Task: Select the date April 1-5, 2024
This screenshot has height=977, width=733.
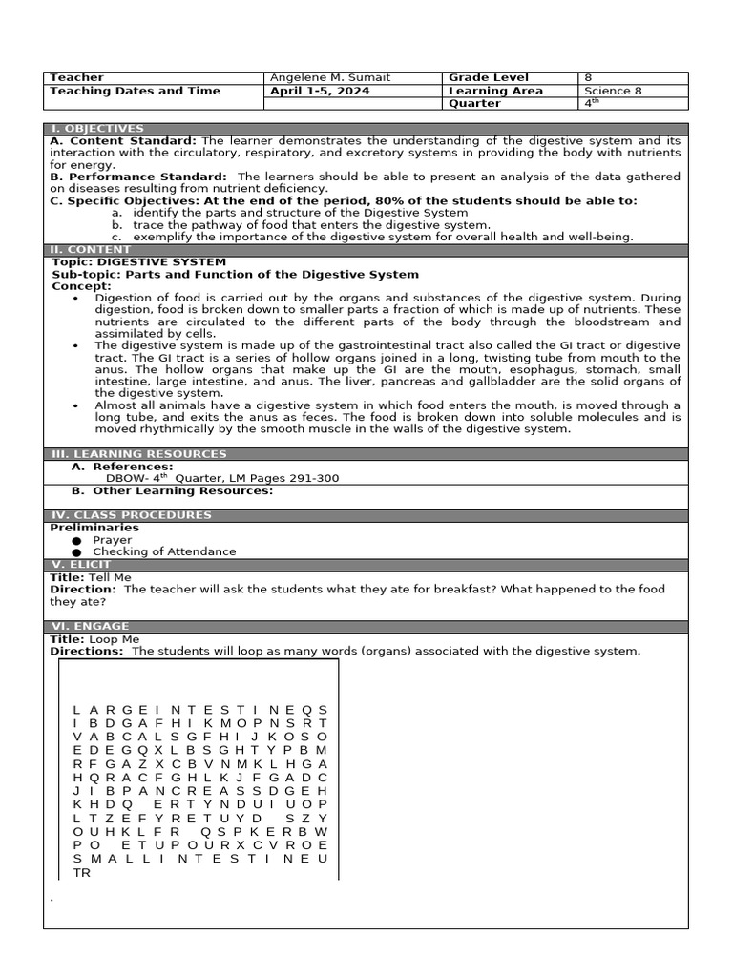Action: point(321,92)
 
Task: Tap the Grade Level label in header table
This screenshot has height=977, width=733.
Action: point(488,78)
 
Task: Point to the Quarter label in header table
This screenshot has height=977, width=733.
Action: point(474,104)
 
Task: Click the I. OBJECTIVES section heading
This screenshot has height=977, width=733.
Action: point(97,129)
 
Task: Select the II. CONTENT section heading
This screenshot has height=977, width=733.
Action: point(91,250)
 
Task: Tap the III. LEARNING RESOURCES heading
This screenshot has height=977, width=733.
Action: point(138,454)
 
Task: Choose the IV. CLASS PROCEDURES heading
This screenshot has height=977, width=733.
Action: point(130,515)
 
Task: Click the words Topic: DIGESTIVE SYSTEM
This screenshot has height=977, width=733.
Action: point(139,262)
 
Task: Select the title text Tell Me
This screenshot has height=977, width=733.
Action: point(110,577)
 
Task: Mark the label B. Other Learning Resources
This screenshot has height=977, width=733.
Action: point(173,491)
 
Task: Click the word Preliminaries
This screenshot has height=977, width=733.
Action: point(94,528)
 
